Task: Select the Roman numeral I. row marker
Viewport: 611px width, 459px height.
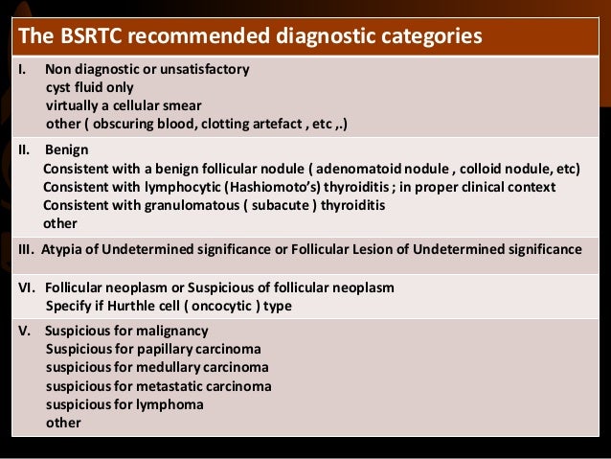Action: click(23, 70)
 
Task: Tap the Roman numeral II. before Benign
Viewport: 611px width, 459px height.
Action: click(25, 150)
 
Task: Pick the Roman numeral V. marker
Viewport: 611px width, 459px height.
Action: click(25, 331)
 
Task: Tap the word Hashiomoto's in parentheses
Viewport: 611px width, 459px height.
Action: click(270, 187)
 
